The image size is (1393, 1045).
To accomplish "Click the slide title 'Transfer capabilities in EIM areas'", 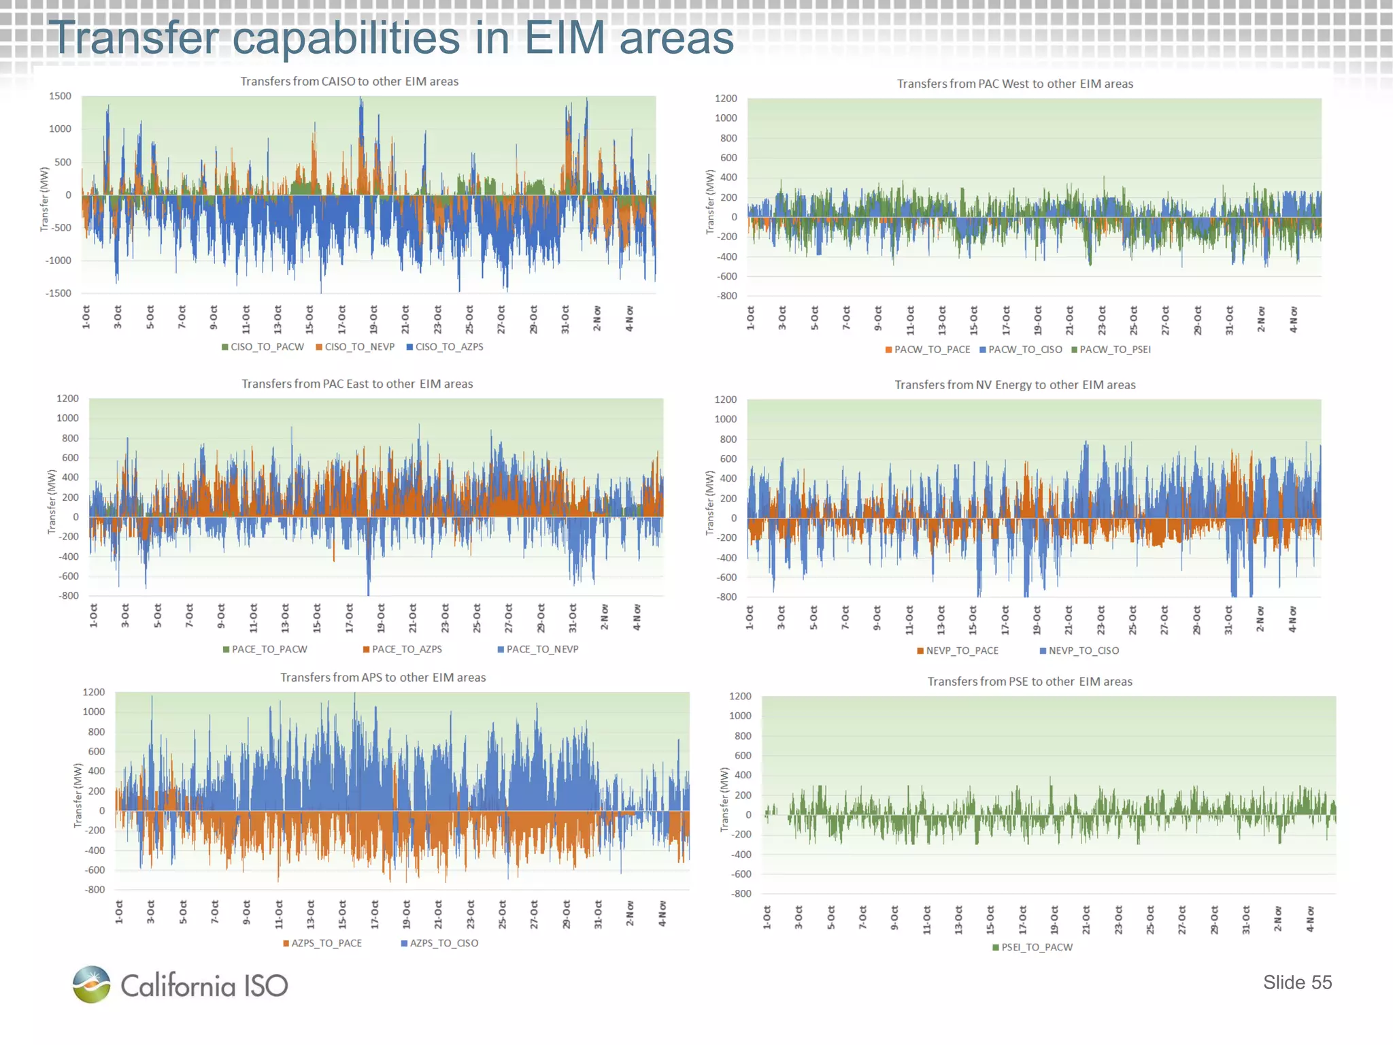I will [x=391, y=37].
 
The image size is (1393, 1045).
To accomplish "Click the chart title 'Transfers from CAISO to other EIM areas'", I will [x=349, y=82].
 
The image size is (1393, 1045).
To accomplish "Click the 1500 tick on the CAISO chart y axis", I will [x=60, y=97].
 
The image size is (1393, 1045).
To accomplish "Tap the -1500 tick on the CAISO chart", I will [x=58, y=293].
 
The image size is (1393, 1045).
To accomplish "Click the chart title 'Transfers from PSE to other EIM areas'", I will [x=1030, y=682].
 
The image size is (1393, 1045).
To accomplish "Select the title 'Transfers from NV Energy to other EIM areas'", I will [x=1015, y=385].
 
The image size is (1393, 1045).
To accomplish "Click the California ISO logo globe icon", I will [x=92, y=984].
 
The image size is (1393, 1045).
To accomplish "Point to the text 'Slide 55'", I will [x=1297, y=982].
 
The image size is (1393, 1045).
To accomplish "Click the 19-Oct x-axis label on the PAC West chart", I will [x=1037, y=319].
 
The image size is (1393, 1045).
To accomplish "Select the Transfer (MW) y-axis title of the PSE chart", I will [x=724, y=799].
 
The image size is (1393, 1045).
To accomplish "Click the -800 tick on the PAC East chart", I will [x=69, y=596].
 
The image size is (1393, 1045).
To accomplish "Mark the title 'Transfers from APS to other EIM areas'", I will [x=383, y=678].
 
